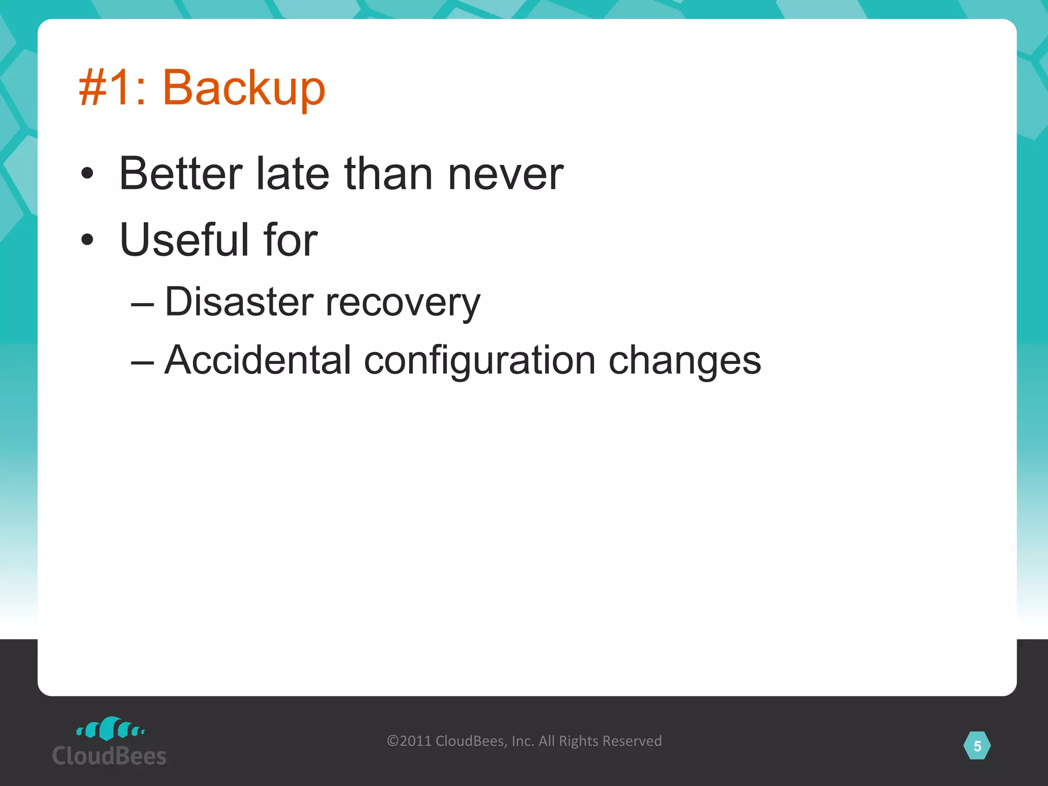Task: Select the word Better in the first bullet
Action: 181,174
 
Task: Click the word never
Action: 505,174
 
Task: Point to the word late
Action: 292,174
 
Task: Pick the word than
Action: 388,174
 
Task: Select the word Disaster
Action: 238,302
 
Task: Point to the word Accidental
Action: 257,360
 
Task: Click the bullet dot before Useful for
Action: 88,239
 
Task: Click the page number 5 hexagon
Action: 977,746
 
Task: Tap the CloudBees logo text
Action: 109,756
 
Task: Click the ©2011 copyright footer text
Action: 524,741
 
